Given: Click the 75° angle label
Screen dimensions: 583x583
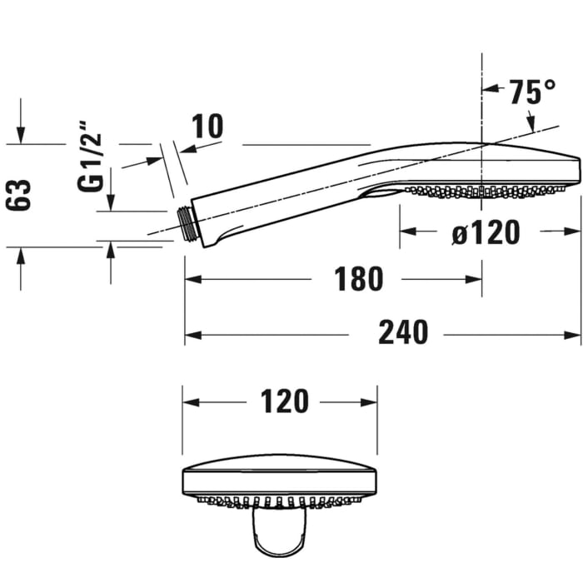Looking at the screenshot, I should pos(533,92).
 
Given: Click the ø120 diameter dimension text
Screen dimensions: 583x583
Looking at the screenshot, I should pos(486,233).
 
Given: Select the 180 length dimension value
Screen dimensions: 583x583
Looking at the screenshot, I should pos(359,280).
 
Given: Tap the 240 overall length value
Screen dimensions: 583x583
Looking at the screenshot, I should pos(403,334).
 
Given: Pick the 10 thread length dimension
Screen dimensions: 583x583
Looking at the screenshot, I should pos(207,127).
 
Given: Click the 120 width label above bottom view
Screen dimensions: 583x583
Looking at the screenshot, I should pos(284,401).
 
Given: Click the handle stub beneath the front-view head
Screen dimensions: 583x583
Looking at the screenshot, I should pos(281,533).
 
